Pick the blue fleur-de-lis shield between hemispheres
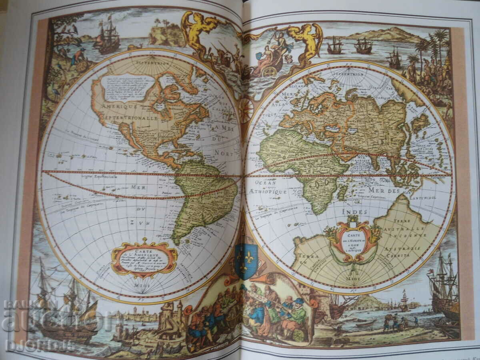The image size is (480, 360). point(246,260)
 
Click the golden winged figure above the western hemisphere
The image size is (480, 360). point(198,29)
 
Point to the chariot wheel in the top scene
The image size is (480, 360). point(270,71)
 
